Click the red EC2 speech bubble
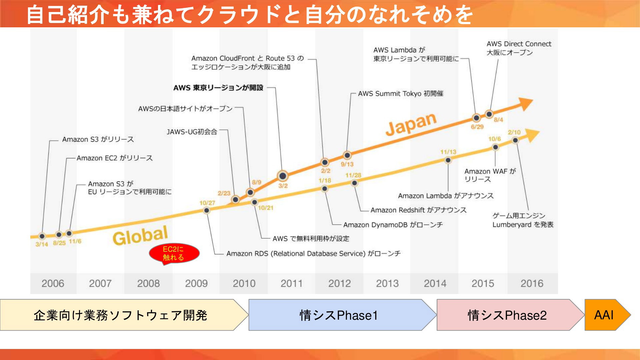pos(174,254)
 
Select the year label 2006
pos(53,284)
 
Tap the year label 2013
pos(387,284)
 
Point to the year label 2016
pos(532,284)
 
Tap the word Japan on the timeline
pos(411,124)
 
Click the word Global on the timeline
pos(140,235)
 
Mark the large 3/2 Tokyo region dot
pos(283,176)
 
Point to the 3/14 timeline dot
pos(42,236)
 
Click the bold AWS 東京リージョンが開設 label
pos(218,88)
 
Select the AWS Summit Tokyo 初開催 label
pos(401,94)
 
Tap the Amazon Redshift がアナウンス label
pos(419,210)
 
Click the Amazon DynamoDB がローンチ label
pos(393,225)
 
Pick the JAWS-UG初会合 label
pos(192,132)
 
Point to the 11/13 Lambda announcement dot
pos(448,160)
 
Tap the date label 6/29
pos(477,127)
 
